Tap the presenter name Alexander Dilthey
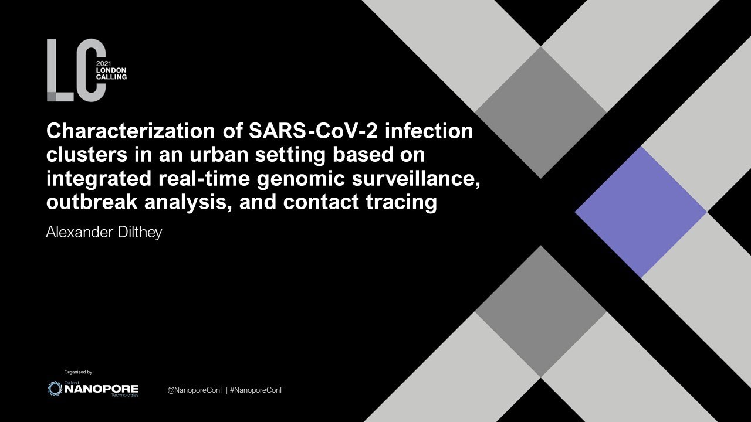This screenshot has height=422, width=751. coord(104,232)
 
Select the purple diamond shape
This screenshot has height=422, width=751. coord(641,212)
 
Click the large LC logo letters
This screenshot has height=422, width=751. coord(76,70)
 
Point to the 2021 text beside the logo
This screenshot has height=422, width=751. coord(103,64)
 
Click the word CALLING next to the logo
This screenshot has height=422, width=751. coord(111,77)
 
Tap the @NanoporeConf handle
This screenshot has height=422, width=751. coord(195,390)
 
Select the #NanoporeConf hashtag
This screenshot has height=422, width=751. coord(256,390)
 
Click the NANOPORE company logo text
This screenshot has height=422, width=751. coord(101,389)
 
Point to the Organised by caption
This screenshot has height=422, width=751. coord(78,372)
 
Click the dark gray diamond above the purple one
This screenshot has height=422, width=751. coord(540,112)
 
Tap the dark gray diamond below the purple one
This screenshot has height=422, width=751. coord(540,311)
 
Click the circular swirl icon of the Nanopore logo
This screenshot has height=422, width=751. coord(55,389)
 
